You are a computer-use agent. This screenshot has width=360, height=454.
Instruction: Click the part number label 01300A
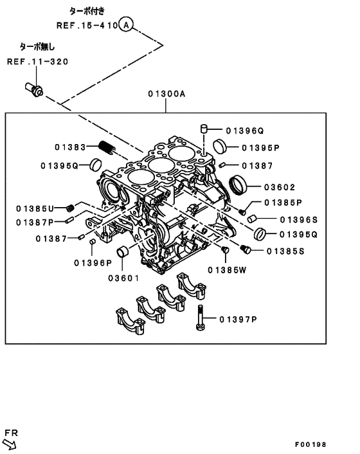(166, 94)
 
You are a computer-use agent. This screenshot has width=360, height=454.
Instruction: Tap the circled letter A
(127, 25)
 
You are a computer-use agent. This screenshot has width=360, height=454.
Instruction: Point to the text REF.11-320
(37, 62)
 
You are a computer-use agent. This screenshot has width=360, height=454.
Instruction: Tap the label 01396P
(93, 262)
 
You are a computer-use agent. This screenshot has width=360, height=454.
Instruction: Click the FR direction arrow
(11, 442)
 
